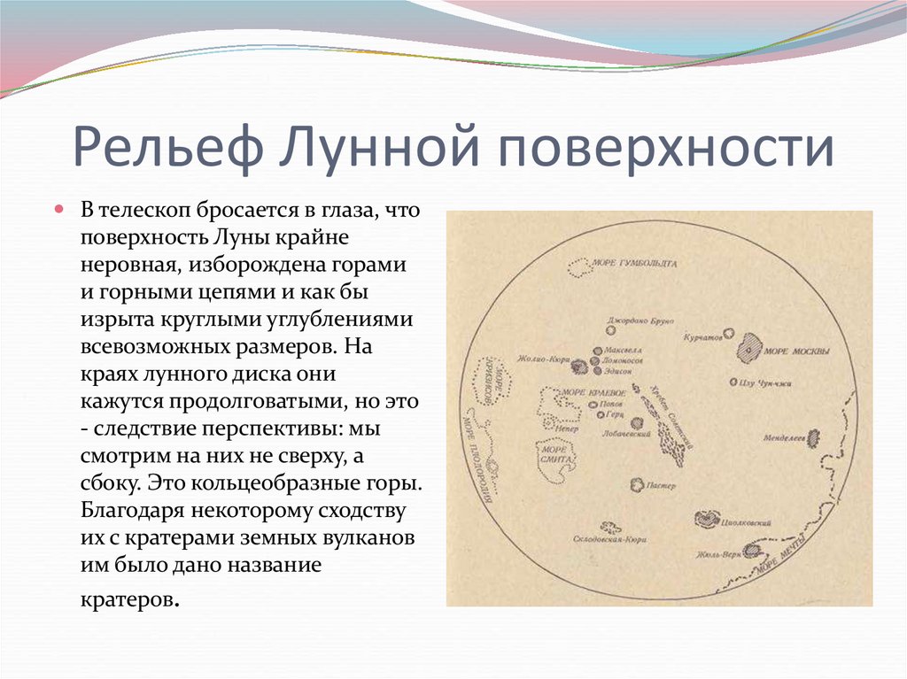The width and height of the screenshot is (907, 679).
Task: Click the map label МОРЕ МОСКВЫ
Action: pos(797,351)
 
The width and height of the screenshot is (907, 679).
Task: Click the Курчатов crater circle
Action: pos(728,334)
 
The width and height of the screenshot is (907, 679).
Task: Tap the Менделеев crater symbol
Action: pos(814,437)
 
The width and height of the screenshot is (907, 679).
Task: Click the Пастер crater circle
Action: pos(636,484)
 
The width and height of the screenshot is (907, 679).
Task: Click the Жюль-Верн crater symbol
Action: pos(753,550)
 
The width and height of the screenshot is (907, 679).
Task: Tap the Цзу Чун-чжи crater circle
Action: pos(733,382)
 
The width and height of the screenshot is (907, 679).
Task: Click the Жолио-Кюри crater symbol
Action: pos(579,365)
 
